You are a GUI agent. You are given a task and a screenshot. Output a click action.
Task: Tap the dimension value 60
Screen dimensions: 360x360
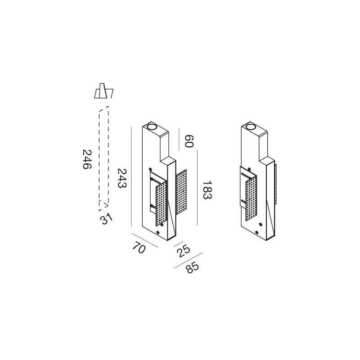pos(189,141)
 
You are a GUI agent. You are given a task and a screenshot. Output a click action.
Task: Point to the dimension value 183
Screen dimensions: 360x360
pos(207,190)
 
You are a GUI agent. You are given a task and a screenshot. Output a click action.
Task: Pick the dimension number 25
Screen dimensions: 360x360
pos(182,251)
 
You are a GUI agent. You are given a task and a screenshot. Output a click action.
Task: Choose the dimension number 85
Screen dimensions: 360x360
pos(192,269)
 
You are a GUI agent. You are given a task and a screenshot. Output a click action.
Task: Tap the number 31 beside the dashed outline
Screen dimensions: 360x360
pos(106,219)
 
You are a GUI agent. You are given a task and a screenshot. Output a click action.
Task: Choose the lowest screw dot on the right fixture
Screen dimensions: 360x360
pos(256,232)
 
